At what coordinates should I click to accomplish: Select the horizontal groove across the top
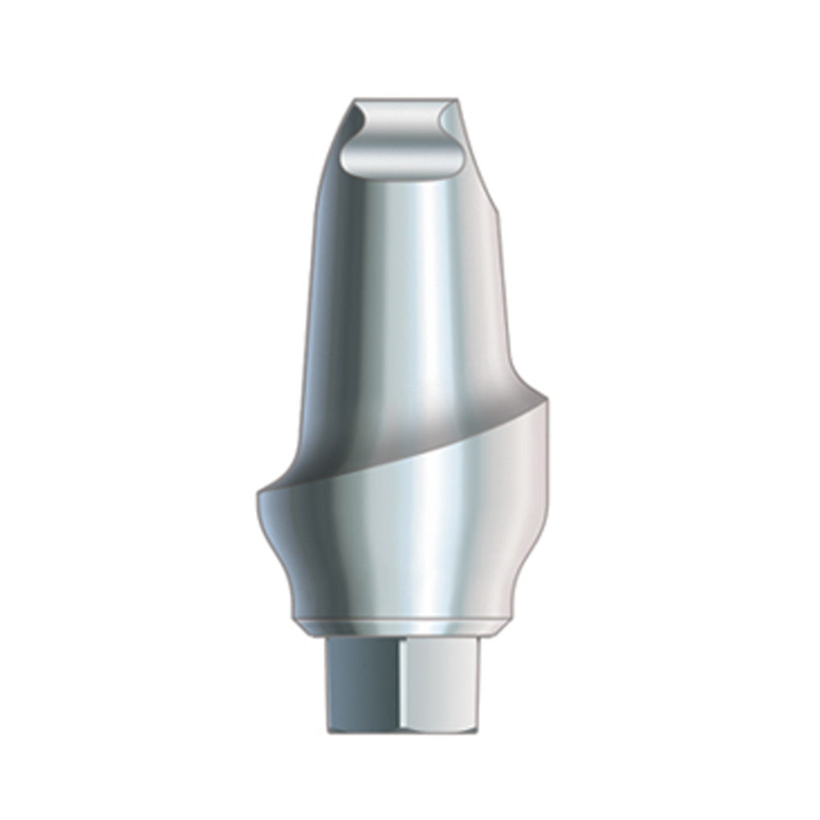(x=402, y=148)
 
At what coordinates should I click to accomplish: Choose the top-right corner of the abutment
(x=458, y=99)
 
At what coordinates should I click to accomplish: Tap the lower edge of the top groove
(x=402, y=174)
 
